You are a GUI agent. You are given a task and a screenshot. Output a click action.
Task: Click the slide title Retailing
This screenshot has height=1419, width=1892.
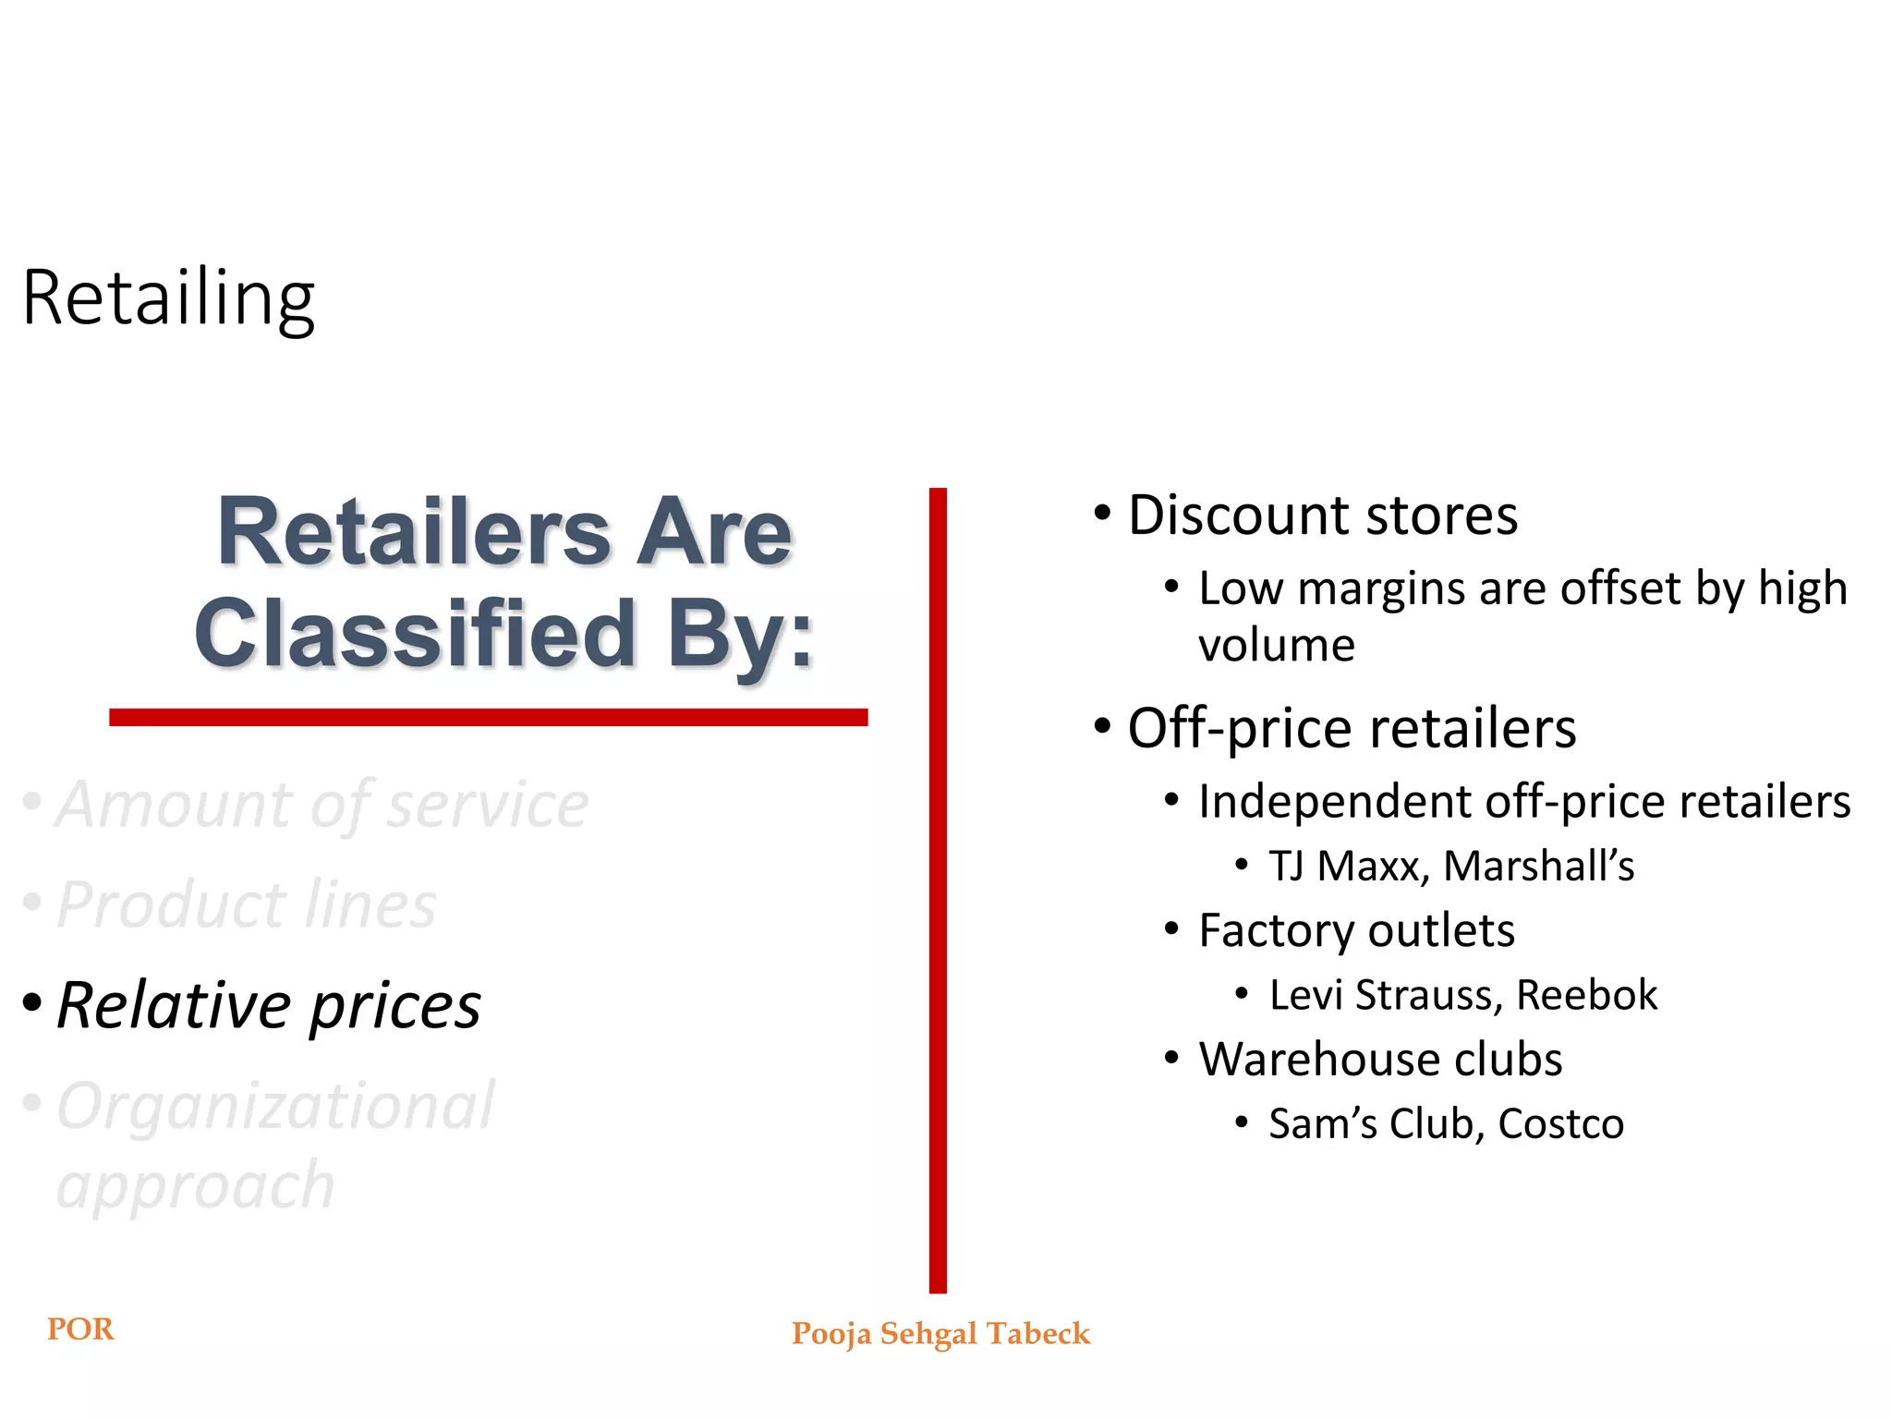pos(168,297)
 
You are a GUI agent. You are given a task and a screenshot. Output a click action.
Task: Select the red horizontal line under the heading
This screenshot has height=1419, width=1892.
pos(488,717)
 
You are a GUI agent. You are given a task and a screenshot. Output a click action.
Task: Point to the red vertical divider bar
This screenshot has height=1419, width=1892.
pos(938,887)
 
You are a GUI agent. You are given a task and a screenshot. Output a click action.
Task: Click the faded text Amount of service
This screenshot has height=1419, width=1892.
pos(321,805)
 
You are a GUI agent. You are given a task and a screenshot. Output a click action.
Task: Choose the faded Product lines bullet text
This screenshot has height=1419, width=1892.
pos(246,904)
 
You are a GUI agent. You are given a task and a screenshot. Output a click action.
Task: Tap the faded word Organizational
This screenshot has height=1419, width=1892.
pos(275,1106)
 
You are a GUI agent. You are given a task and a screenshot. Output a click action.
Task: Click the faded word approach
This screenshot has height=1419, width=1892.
pos(195,1186)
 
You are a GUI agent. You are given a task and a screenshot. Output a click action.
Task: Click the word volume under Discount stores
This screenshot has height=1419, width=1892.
pos(1276,645)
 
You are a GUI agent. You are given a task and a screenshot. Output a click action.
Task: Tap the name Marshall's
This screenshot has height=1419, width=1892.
pos(1538,867)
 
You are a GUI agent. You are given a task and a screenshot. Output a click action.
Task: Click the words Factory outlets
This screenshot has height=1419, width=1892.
pos(1356,930)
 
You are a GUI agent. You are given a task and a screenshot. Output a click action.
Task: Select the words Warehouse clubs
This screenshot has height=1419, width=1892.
pos(1380,1059)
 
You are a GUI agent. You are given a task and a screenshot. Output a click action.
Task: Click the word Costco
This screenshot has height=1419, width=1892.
pos(1560,1123)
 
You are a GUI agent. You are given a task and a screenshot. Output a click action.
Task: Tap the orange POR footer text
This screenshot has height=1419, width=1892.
pos(80,1329)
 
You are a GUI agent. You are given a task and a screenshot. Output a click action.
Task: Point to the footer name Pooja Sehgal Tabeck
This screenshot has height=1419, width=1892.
pos(940,1334)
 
